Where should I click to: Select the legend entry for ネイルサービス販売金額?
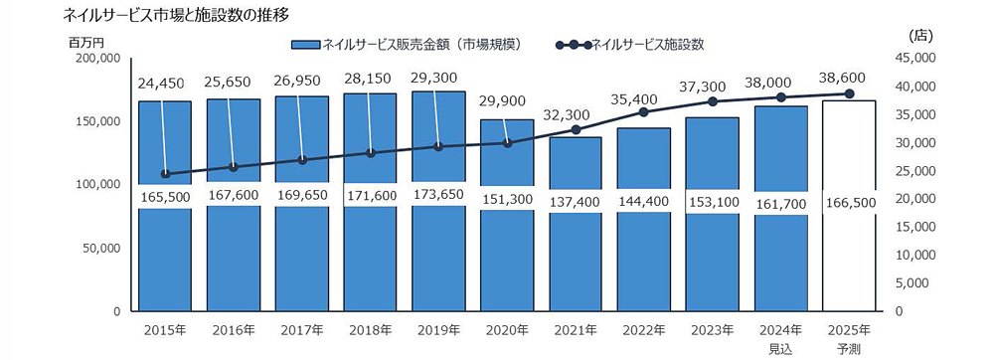(417, 45)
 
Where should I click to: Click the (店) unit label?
(920, 35)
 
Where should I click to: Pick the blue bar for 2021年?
(576, 259)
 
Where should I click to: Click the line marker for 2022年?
(644, 112)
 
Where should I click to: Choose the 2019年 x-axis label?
(438, 330)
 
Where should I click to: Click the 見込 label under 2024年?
(780, 348)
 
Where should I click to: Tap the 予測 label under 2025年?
(849, 348)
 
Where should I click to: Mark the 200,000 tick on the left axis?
(96, 59)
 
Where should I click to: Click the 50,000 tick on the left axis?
(100, 248)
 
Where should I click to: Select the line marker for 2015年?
(164, 174)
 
